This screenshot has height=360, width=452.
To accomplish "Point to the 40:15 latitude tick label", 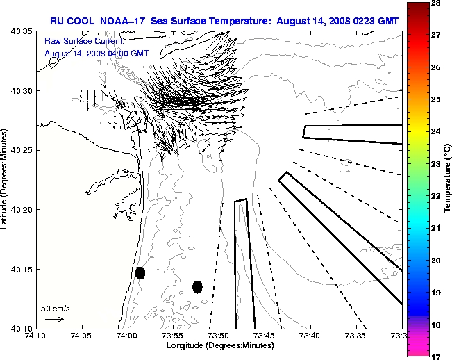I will [x=24, y=269].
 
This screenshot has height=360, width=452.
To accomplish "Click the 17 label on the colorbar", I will [x=438, y=355].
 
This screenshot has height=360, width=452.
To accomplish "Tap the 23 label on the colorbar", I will [x=438, y=164].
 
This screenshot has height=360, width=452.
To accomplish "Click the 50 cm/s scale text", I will [x=55, y=308].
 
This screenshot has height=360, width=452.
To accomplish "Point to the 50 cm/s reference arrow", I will [x=54, y=319].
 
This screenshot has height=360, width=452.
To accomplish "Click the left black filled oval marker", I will [x=140, y=272].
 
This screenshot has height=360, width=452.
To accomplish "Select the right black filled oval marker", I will [x=197, y=286].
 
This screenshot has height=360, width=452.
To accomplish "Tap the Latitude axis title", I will [x=6, y=179].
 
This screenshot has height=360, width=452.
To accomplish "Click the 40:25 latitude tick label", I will [x=24, y=150].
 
